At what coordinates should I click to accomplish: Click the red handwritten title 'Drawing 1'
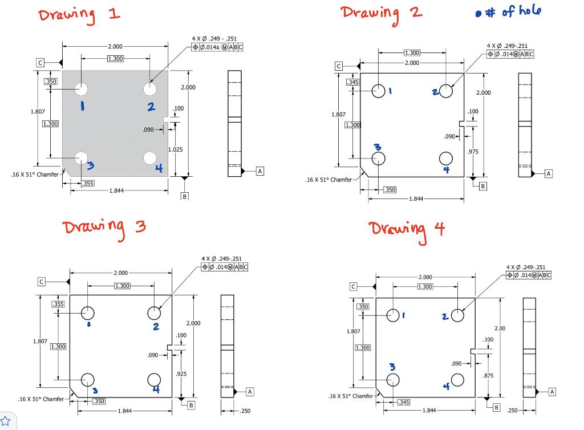click(79, 15)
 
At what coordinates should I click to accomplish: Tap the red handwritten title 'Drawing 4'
click(406, 229)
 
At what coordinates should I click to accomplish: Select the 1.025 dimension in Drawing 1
click(176, 149)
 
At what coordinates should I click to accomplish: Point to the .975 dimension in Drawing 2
click(472, 152)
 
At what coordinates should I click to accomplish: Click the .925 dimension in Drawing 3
click(181, 374)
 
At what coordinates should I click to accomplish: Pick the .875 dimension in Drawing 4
click(488, 375)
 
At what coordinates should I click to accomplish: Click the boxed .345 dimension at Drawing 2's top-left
click(353, 83)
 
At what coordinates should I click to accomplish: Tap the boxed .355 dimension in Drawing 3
click(58, 304)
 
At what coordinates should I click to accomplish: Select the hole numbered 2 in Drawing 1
click(150, 89)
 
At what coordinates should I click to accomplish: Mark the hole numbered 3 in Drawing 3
click(88, 379)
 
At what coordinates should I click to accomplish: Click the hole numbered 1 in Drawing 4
click(394, 315)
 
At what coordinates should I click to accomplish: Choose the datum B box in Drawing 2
click(482, 186)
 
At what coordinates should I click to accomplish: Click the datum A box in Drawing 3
click(250, 391)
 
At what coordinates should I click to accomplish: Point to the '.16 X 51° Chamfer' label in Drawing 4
click(350, 396)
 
